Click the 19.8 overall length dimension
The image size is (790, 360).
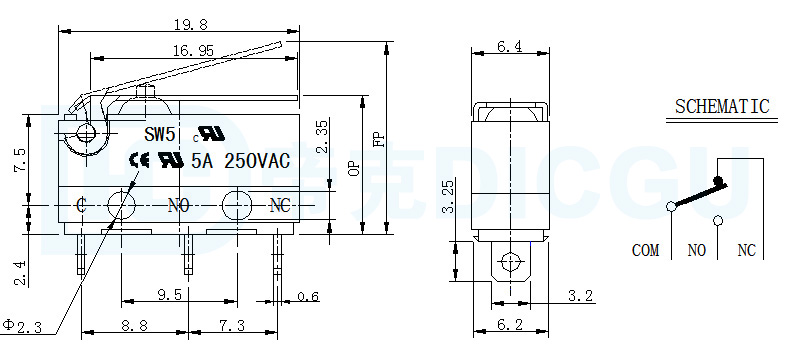point(190,24)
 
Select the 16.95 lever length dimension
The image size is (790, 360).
point(193,50)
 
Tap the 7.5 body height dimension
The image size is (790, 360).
point(20,160)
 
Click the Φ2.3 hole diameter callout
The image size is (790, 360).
point(22,326)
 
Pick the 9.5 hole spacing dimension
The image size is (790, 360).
point(169,294)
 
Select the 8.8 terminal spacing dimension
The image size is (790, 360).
point(135,325)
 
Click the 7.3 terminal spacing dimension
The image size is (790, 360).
point(232,325)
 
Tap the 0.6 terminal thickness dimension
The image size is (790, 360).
point(308,296)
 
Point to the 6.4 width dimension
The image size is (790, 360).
point(509,46)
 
